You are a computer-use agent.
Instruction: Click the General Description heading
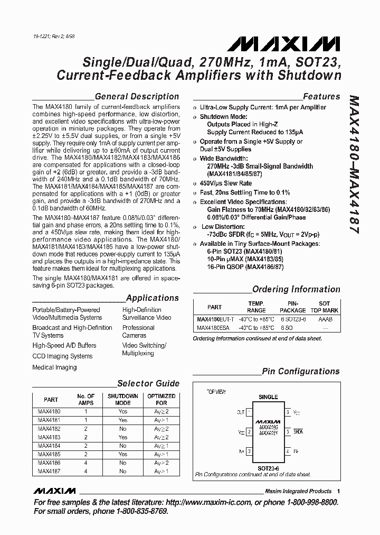136,96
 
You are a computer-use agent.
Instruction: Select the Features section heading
321,96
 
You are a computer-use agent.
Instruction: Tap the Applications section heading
153,298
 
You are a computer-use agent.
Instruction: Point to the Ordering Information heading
296,289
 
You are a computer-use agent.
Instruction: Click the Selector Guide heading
148,383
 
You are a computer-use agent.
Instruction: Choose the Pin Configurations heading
301,371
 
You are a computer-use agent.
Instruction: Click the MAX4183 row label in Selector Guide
49,437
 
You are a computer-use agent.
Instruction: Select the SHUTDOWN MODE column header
122,399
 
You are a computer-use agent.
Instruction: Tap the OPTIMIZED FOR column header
161,399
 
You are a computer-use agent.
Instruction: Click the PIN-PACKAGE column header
292,307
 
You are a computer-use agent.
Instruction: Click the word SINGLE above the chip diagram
268,396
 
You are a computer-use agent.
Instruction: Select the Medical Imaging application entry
54,367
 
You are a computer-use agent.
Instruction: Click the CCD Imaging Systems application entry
62,356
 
